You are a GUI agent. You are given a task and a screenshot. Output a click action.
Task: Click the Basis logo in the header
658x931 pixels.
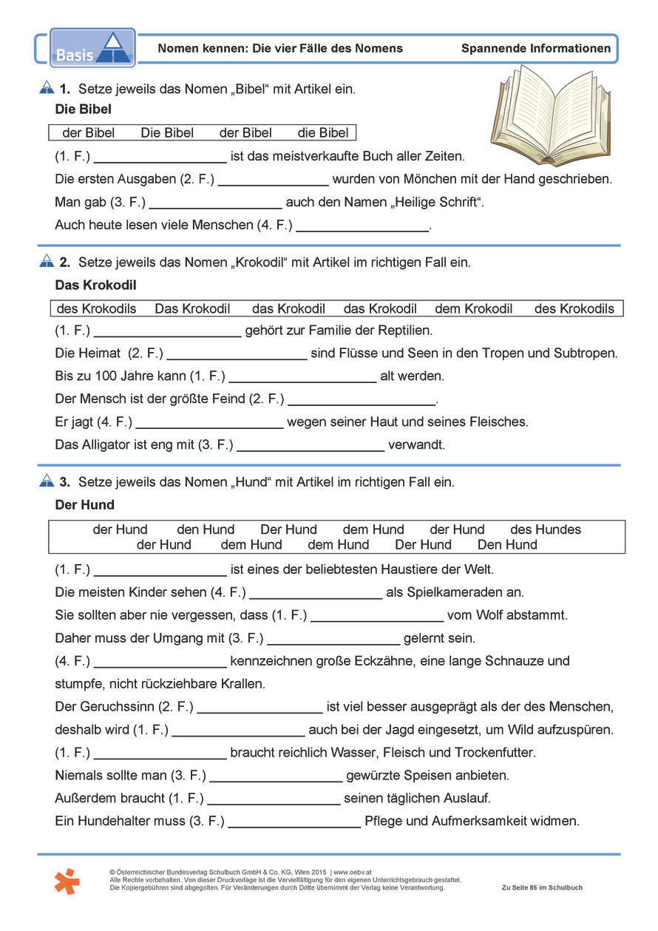point(92,48)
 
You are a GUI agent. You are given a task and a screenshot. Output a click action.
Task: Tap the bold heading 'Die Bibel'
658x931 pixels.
point(84,110)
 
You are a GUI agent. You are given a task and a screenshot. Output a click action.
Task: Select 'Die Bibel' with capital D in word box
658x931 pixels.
point(167,133)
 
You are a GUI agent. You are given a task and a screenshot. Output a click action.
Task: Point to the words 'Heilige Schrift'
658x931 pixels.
point(433,202)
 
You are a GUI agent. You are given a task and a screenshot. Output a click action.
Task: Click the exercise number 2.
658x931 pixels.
point(64,263)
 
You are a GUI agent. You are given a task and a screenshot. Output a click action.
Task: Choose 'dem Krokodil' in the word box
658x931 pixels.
point(473,308)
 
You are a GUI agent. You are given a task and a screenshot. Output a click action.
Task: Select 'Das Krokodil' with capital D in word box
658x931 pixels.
point(192,308)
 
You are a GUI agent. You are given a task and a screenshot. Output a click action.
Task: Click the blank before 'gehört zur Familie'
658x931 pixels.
point(168,331)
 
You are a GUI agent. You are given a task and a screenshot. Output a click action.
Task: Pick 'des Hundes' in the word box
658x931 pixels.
point(546,529)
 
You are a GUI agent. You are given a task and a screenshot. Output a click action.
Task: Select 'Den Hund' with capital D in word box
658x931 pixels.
point(507,545)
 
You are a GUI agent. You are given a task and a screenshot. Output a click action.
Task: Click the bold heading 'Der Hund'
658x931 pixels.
point(85,505)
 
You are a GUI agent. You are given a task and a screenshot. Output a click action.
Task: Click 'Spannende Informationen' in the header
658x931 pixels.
point(536,49)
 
